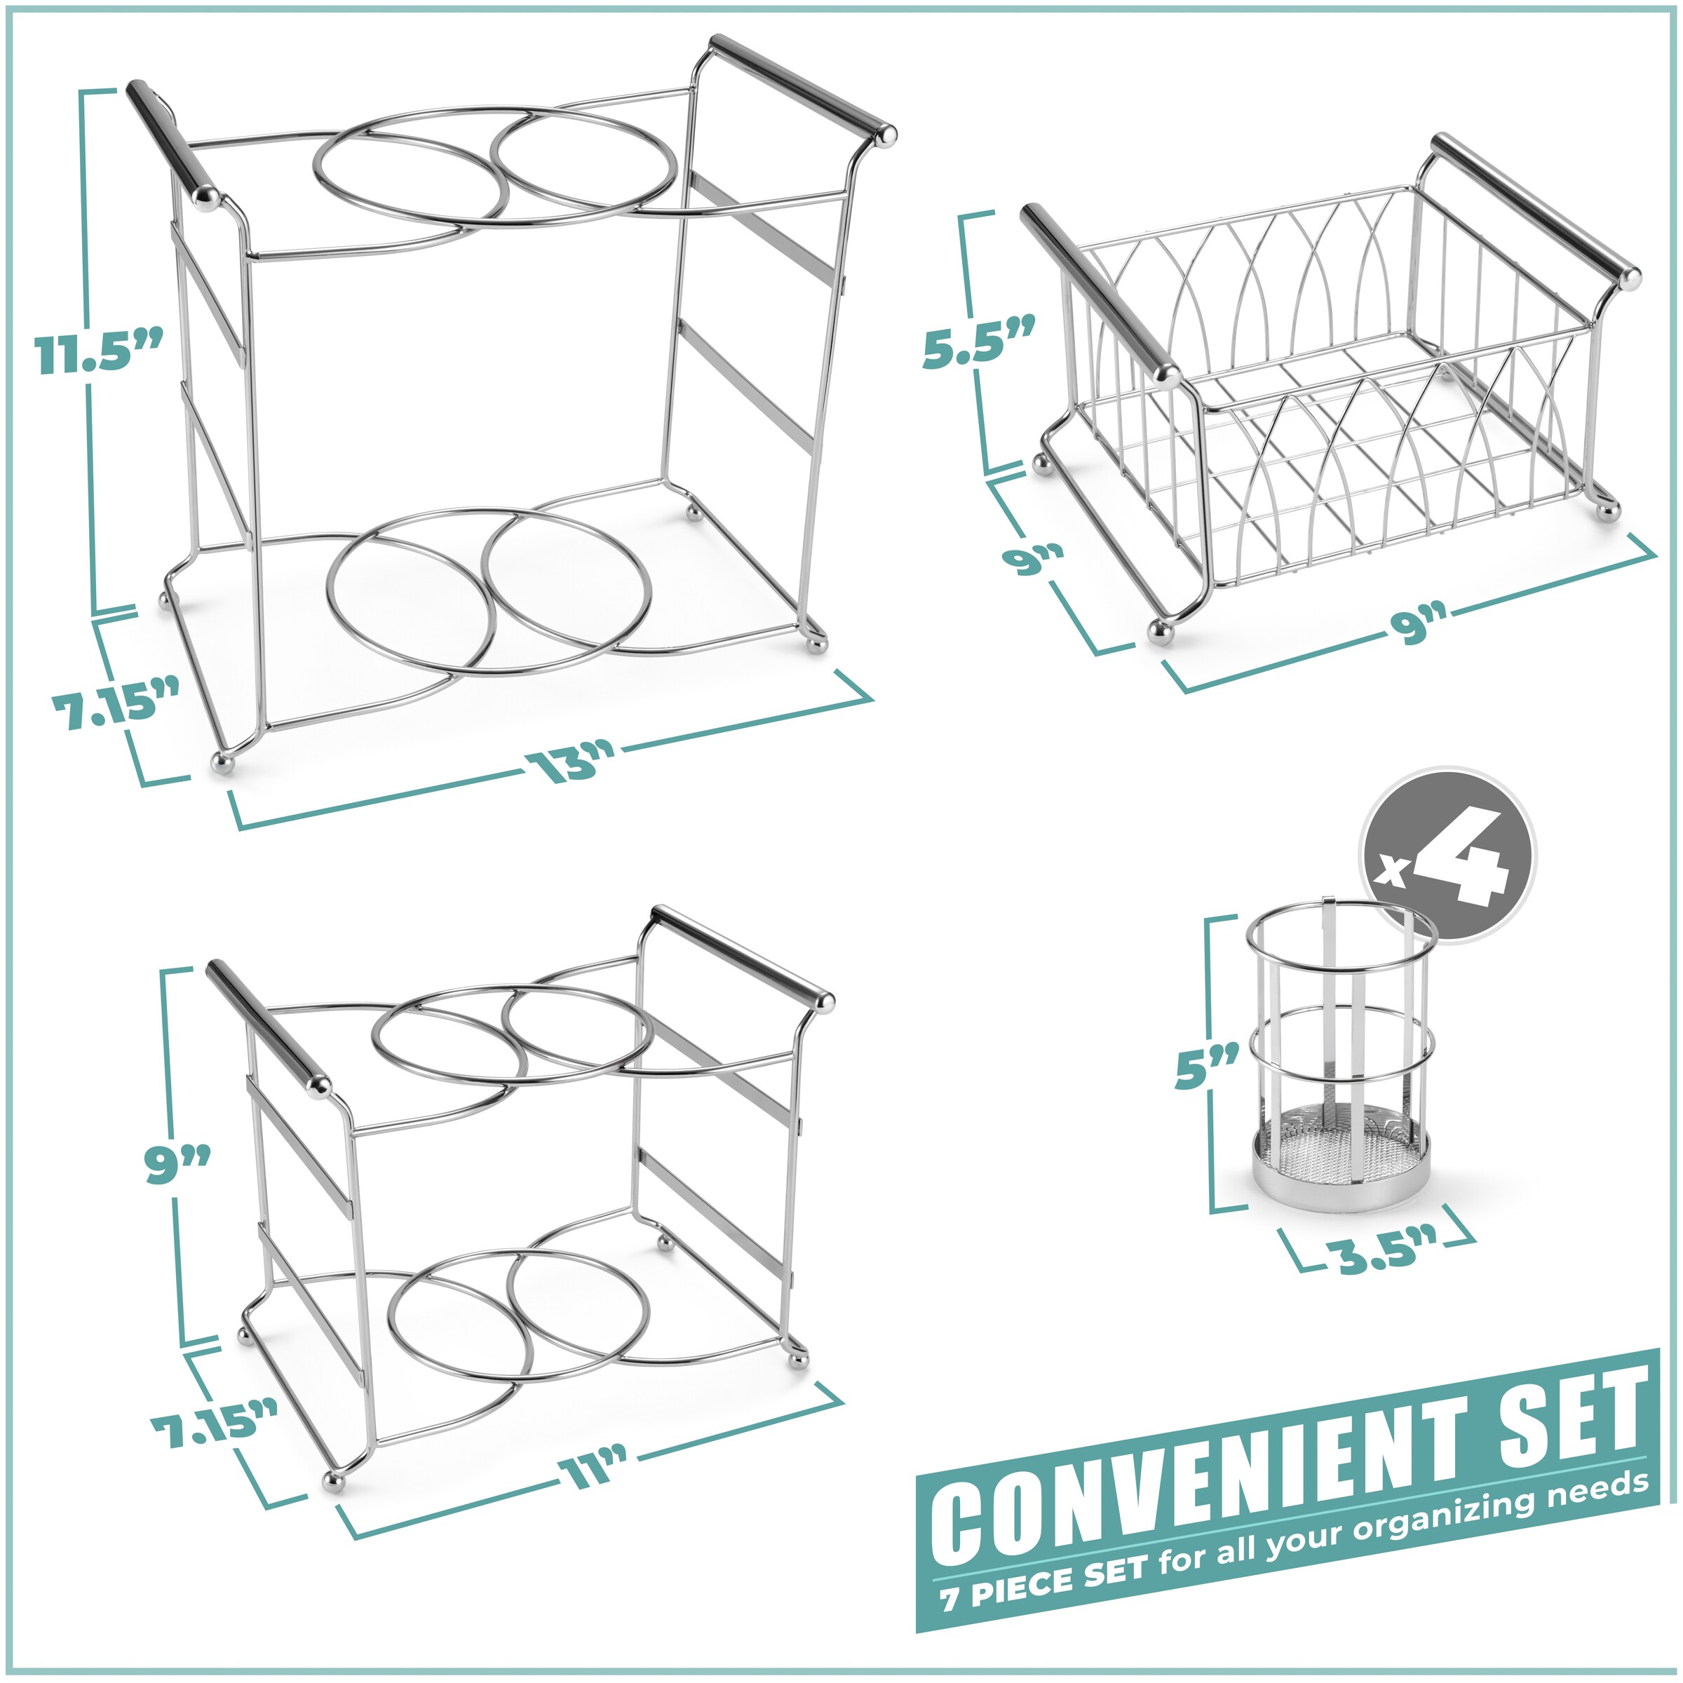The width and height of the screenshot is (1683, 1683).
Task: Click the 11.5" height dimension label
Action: click(98, 353)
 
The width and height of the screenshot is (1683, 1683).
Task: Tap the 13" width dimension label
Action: click(571, 764)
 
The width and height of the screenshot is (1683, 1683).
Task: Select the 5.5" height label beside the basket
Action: click(978, 342)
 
